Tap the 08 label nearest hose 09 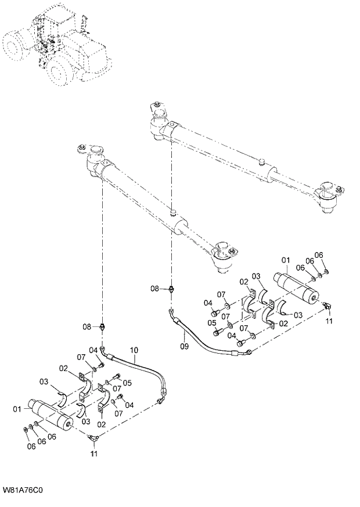(x=155, y=288)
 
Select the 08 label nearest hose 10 (x=87, y=327)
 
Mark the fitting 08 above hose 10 (x=103, y=327)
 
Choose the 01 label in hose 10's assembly (x=16, y=409)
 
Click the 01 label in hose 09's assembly (x=285, y=259)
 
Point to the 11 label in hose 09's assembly (x=329, y=321)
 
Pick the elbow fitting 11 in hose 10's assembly (x=93, y=438)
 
